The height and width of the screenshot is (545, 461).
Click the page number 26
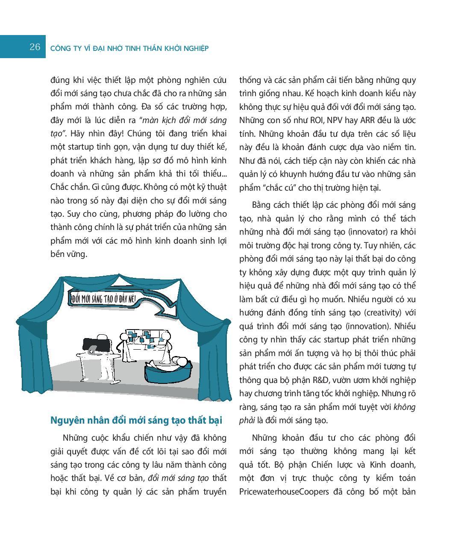tap(35, 47)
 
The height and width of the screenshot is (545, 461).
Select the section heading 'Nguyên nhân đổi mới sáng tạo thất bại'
tap(136, 420)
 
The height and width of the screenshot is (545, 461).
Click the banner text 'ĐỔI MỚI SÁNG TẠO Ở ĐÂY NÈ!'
tap(103, 298)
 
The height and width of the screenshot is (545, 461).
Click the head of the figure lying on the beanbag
tap(182, 362)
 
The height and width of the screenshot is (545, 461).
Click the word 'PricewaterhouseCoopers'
tap(284, 492)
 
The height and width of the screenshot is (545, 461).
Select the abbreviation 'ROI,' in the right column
tap(309, 121)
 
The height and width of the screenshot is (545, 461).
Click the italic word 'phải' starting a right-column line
tap(247, 420)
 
